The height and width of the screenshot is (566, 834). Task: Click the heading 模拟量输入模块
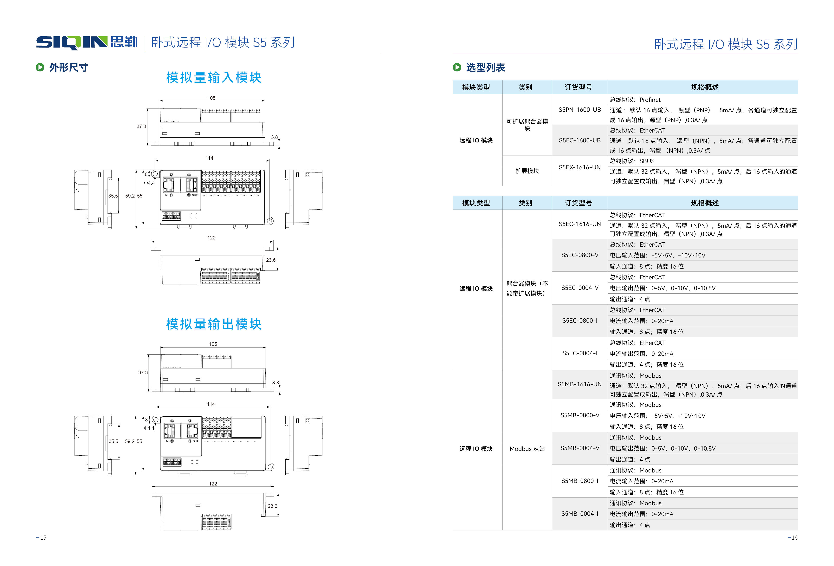[214, 78]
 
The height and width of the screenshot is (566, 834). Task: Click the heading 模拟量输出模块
[214, 324]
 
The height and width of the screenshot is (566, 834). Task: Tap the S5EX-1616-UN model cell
[579, 167]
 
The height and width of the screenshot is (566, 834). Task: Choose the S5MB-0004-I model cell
[579, 514]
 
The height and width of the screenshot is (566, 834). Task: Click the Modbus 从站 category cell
[527, 449]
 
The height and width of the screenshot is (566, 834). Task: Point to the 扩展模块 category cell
[527, 171]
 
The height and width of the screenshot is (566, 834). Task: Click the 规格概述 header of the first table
[704, 87]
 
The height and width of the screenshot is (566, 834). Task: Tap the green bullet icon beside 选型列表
[457, 67]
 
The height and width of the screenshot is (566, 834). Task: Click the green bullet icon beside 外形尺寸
[40, 67]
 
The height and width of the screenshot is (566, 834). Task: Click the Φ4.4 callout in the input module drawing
[149, 183]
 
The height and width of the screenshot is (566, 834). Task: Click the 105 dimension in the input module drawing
[211, 98]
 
